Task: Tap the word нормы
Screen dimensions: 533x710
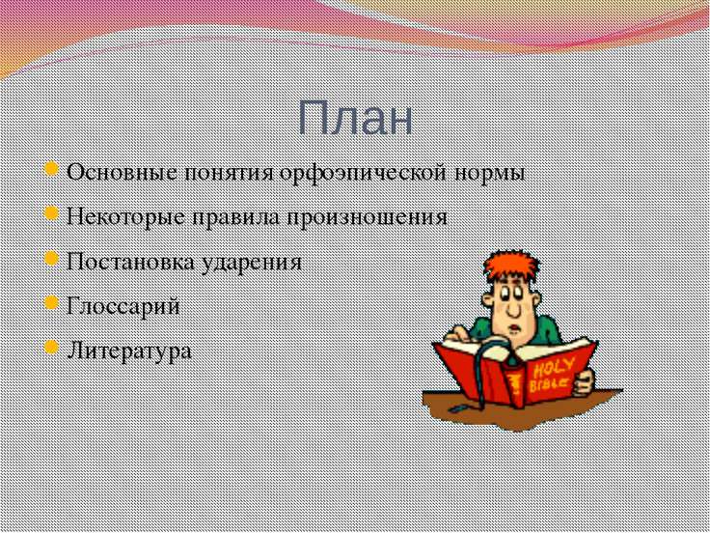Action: click(x=496, y=174)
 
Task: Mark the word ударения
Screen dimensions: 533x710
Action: click(x=252, y=262)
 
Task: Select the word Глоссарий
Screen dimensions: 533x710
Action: click(x=123, y=306)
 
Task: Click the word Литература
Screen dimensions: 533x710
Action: click(x=129, y=351)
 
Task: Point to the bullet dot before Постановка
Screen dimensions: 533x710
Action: click(x=53, y=261)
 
